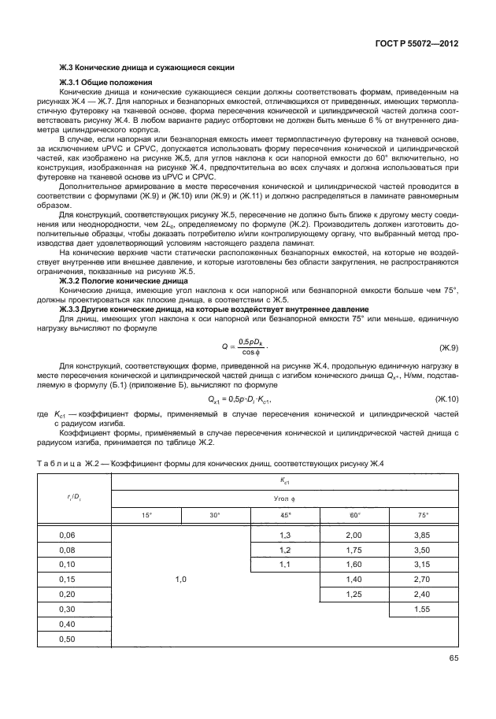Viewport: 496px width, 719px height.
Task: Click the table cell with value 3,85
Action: (424, 536)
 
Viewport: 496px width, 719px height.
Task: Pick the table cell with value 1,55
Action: (424, 610)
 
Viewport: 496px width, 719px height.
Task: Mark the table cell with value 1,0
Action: (180, 580)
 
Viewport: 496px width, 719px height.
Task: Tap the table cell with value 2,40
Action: (424, 595)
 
